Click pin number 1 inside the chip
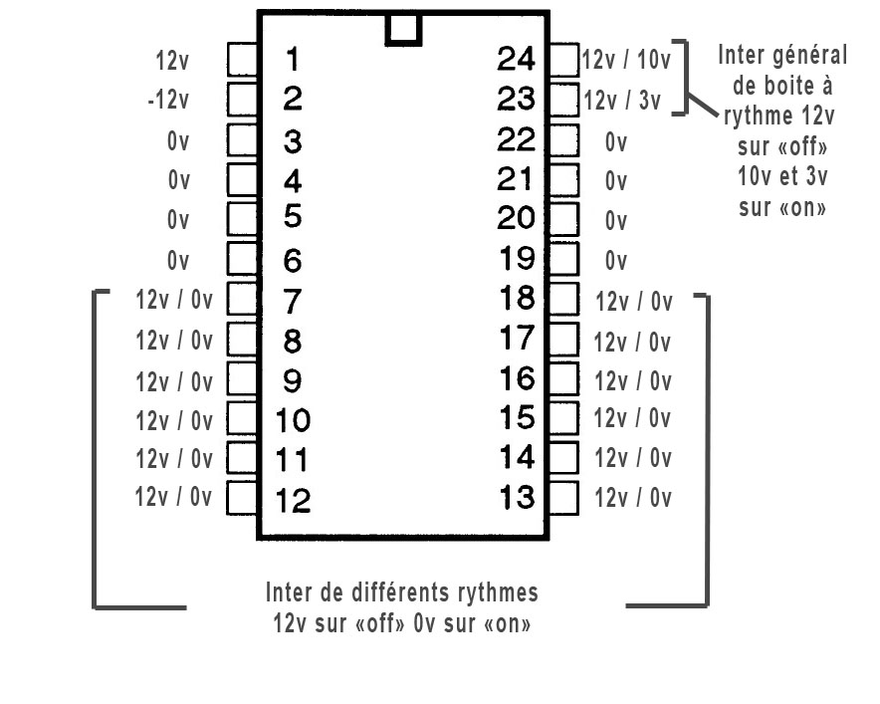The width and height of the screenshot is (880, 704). [291, 60]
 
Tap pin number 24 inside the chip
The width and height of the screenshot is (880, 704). [516, 60]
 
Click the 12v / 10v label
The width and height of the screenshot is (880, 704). [626, 61]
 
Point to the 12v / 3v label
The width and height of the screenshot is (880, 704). [621, 102]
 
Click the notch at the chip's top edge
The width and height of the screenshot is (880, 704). [402, 29]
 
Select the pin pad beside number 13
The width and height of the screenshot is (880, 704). [563, 497]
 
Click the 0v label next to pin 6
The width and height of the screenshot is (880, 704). [178, 262]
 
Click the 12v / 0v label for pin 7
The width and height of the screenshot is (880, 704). [174, 301]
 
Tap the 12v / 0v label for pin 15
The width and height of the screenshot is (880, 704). [633, 419]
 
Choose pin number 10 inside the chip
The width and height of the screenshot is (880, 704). [292, 421]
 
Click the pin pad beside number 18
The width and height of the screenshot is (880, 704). [563, 298]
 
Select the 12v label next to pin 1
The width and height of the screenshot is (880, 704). [171, 61]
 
